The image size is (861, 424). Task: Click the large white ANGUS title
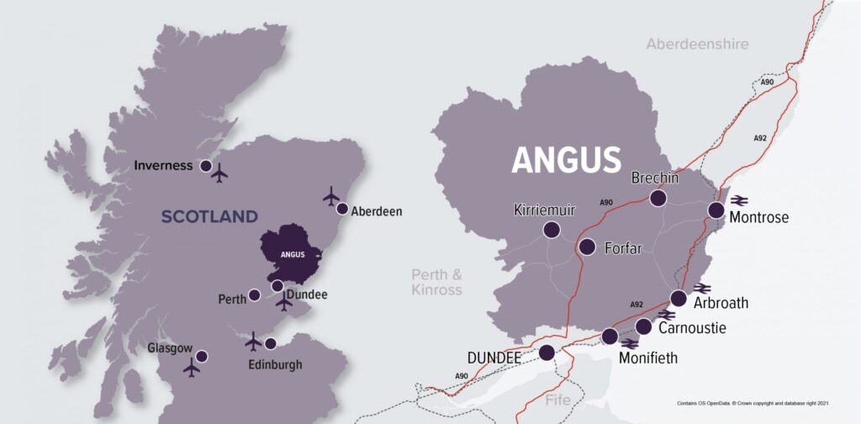click(x=566, y=159)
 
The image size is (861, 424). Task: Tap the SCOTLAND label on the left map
click(x=209, y=217)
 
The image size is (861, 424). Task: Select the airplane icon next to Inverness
click(x=220, y=174)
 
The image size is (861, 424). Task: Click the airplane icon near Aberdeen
click(x=331, y=196)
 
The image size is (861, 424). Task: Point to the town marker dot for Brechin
click(x=658, y=198)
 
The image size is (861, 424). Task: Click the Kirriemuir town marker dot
click(x=552, y=230)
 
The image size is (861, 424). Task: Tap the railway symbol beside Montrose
click(x=740, y=199)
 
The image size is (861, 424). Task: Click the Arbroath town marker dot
click(x=679, y=298)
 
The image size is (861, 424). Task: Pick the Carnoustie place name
click(x=692, y=328)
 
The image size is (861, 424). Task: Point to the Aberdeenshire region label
click(x=697, y=44)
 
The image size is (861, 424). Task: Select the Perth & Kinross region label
click(x=436, y=282)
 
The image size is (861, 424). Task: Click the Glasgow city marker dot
click(x=202, y=356)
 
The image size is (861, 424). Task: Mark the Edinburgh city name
click(x=275, y=364)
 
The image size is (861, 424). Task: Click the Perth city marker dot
click(x=254, y=295)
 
